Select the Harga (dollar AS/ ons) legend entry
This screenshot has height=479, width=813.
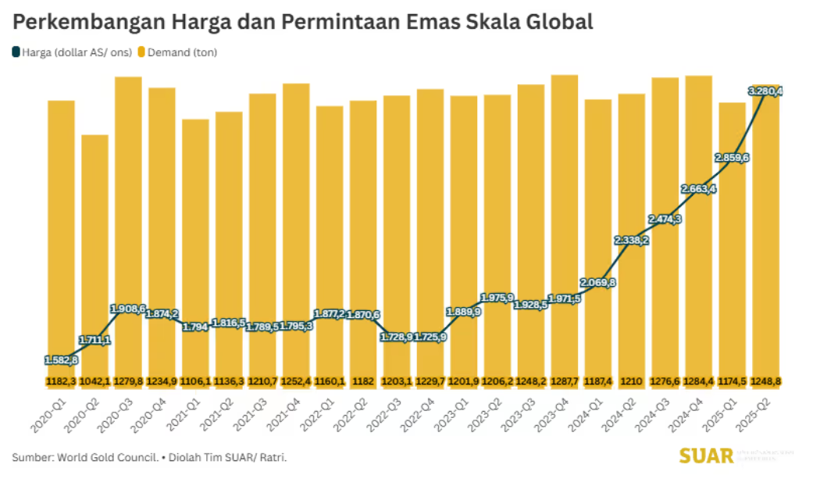(x=71, y=53)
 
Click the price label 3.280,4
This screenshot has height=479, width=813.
(x=765, y=91)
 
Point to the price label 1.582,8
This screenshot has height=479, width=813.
(x=61, y=360)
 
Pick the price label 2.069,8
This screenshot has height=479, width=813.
(x=598, y=282)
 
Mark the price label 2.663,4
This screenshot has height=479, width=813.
(x=699, y=188)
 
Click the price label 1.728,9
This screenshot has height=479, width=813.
(x=397, y=337)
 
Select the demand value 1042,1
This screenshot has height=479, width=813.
(x=94, y=381)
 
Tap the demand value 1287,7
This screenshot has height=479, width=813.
(x=565, y=381)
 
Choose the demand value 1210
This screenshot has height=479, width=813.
(x=632, y=381)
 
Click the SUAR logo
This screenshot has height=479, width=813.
(x=707, y=456)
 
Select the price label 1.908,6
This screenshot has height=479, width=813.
(x=128, y=309)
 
